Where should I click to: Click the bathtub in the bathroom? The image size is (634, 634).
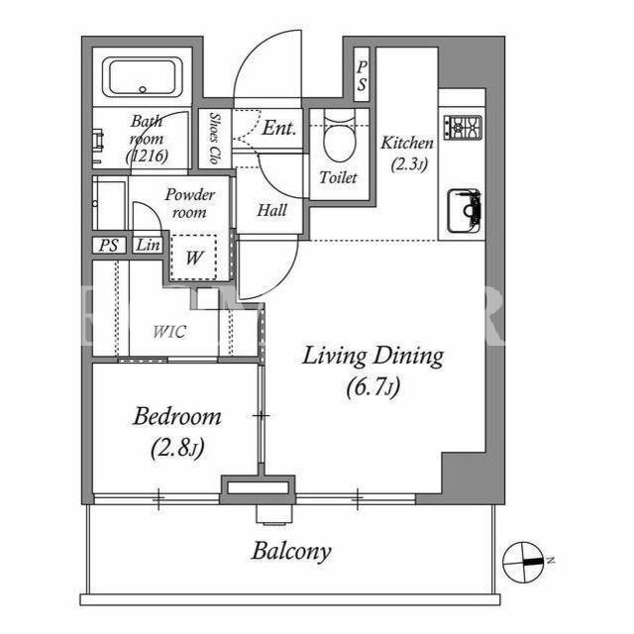pyautogui.click(x=142, y=77)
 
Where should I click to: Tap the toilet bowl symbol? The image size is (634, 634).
pyautogui.click(x=340, y=139)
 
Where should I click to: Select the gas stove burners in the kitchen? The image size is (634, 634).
pyautogui.click(x=463, y=128)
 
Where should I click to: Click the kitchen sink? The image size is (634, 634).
pyautogui.click(x=465, y=211)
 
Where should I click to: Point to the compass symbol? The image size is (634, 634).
pyautogui.click(x=522, y=562)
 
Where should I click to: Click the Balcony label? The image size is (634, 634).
pyautogui.click(x=291, y=551)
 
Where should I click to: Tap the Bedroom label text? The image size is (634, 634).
pyautogui.click(x=177, y=416)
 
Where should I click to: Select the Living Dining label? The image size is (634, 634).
pyautogui.click(x=372, y=357)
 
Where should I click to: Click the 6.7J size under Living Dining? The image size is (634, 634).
pyautogui.click(x=373, y=387)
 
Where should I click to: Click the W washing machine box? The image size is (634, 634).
pyautogui.click(x=194, y=258)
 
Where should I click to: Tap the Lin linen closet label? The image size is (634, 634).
pyautogui.click(x=148, y=245)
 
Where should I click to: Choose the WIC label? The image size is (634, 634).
pyautogui.click(x=169, y=332)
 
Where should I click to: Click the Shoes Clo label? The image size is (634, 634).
pyautogui.click(x=215, y=139)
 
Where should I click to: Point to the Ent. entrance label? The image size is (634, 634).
pyautogui.click(x=279, y=128)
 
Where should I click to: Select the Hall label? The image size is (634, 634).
pyautogui.click(x=272, y=210)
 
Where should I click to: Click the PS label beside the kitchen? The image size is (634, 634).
pyautogui.click(x=362, y=75)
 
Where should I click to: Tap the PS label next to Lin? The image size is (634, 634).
pyautogui.click(x=108, y=245)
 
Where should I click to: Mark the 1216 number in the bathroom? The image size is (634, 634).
pyautogui.click(x=147, y=157)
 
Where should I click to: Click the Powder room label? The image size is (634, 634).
pyautogui.click(x=189, y=203)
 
